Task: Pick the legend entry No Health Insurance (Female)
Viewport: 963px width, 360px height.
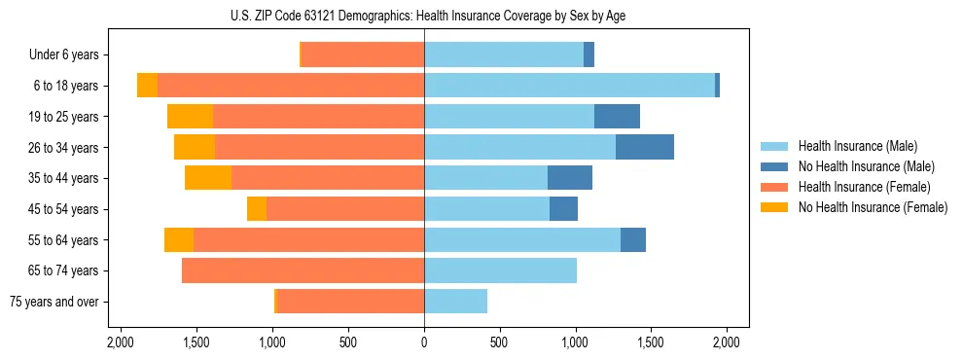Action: (x=873, y=207)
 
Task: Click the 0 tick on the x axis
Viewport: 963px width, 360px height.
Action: (x=424, y=342)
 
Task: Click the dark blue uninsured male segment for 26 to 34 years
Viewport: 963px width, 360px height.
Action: (x=645, y=147)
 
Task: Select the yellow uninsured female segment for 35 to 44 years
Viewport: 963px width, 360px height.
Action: (x=208, y=178)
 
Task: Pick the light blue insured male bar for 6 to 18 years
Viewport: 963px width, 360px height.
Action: (x=569, y=86)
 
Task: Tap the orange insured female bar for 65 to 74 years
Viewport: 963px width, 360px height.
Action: (x=303, y=270)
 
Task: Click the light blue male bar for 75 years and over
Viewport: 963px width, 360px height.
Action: (x=455, y=302)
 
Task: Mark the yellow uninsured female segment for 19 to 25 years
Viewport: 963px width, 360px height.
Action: (x=190, y=117)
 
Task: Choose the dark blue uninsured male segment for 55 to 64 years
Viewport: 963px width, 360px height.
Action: (x=633, y=239)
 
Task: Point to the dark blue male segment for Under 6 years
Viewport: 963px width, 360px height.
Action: (x=588, y=55)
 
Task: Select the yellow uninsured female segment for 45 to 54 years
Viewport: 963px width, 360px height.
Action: (x=257, y=209)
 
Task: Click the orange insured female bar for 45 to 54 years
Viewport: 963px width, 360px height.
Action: (x=345, y=209)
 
